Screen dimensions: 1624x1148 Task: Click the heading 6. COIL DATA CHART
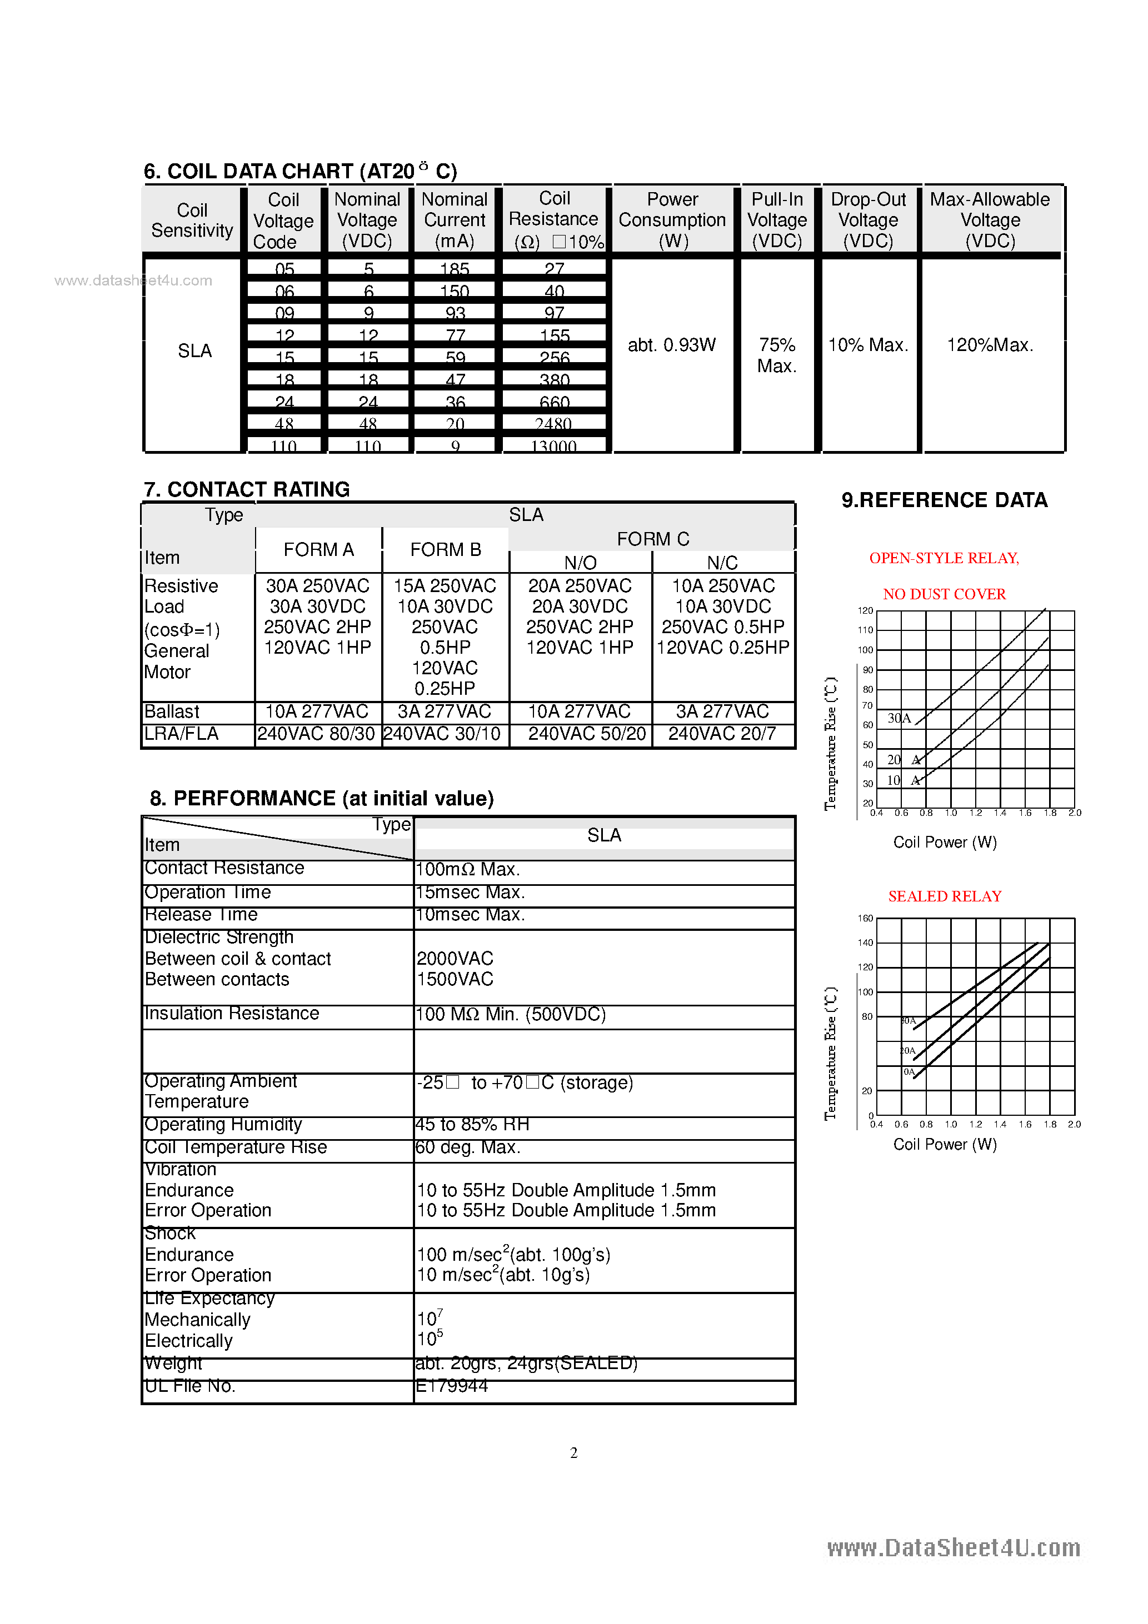(300, 171)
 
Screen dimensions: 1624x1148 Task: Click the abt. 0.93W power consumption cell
(672, 345)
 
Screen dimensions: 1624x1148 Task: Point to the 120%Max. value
(990, 345)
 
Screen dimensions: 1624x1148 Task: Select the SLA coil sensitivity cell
(194, 351)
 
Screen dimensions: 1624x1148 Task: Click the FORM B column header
(445, 550)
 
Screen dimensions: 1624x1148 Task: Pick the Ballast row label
(172, 711)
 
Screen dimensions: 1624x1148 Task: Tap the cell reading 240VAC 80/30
(316, 734)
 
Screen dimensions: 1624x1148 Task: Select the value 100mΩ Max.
(467, 869)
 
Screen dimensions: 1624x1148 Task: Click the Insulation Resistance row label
(232, 1014)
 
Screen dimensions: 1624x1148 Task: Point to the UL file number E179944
(452, 1386)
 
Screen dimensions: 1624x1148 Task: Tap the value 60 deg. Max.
(467, 1147)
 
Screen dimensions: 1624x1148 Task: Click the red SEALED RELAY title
(944, 896)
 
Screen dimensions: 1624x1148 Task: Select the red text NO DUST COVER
(944, 594)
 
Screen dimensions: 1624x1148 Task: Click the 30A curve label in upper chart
(899, 718)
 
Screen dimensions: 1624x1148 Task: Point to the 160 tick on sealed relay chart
(865, 918)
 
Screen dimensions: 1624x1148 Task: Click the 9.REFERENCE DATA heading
(944, 500)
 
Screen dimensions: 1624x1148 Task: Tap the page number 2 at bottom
(573, 1453)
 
